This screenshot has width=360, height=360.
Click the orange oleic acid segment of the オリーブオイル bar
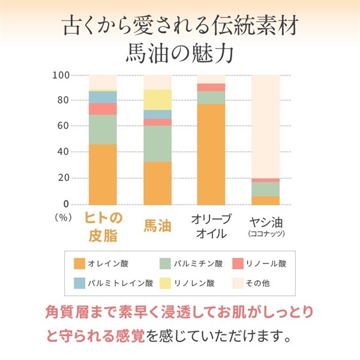[x=211, y=154]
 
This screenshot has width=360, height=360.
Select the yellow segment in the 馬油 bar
[x=157, y=100]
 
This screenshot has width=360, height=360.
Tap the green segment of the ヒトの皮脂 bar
[x=103, y=129]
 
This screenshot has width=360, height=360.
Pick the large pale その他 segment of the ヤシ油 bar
[x=265, y=127]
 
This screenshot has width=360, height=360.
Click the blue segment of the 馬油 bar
[x=157, y=115]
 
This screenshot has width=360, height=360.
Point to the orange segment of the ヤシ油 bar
[x=265, y=200]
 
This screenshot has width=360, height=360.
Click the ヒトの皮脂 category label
[x=103, y=224]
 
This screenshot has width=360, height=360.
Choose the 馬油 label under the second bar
[x=157, y=226]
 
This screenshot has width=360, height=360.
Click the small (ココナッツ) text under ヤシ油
[x=265, y=233]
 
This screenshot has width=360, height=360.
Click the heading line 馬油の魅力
[x=180, y=52]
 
